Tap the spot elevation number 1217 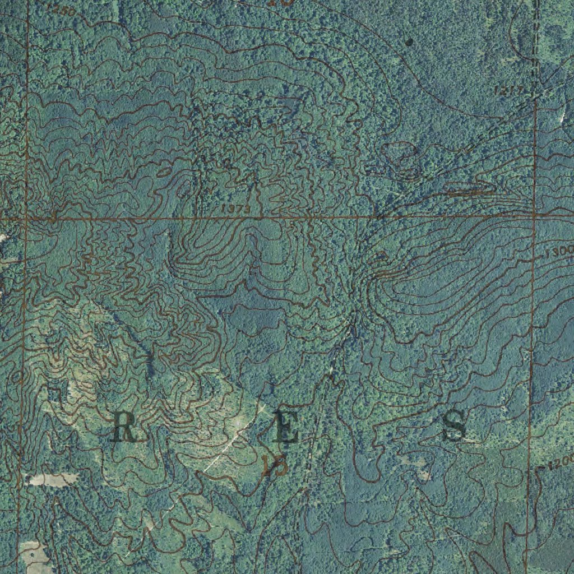coord(510,90)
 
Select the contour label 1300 coord(559,252)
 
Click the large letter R coord(124,426)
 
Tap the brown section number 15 coord(274,465)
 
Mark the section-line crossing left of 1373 coord(26,219)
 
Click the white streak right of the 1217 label coord(562,116)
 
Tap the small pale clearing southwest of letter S coord(423,474)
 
